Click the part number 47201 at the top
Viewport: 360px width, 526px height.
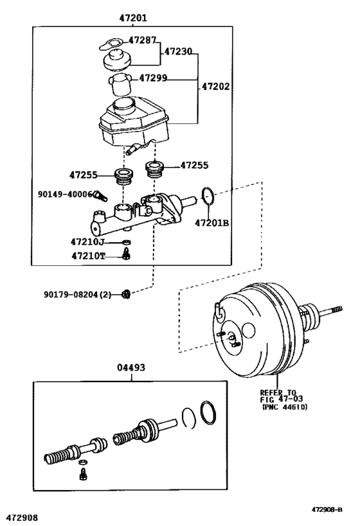coord(133,17)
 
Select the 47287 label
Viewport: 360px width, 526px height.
coord(142,40)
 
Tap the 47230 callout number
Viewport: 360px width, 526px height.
coord(178,51)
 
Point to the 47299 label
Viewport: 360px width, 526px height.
coord(153,78)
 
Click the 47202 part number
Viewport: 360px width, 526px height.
coord(215,86)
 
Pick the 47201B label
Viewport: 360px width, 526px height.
coord(212,223)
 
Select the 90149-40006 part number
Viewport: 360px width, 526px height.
coord(65,194)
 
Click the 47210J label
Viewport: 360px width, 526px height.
coord(87,241)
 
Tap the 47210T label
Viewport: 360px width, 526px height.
coord(88,256)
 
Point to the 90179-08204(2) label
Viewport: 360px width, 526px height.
coord(77,295)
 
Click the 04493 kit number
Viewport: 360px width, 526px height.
coord(131,367)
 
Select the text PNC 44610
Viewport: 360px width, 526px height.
coord(284,407)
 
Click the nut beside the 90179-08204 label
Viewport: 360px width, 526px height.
coord(125,294)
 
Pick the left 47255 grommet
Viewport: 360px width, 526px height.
coord(124,177)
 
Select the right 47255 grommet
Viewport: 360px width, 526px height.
coord(154,168)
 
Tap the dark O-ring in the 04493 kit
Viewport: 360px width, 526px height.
coord(208,412)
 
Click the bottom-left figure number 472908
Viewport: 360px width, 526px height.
coord(23,518)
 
